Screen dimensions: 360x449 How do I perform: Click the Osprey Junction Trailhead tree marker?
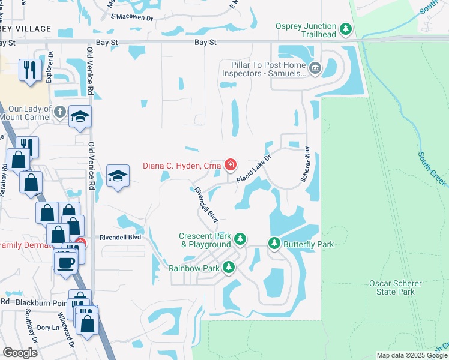point(345,29)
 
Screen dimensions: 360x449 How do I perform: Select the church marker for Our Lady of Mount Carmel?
point(59,112)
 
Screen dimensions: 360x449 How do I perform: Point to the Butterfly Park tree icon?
point(274,244)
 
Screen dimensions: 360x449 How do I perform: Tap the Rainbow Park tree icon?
point(228,268)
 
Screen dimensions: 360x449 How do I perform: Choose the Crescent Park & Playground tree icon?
point(240,240)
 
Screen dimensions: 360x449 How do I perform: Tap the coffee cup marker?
point(65,262)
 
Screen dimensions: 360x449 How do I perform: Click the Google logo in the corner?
point(20,352)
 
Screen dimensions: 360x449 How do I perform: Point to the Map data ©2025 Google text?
point(412,355)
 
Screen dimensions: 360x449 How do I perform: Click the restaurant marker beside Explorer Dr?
point(28,70)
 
